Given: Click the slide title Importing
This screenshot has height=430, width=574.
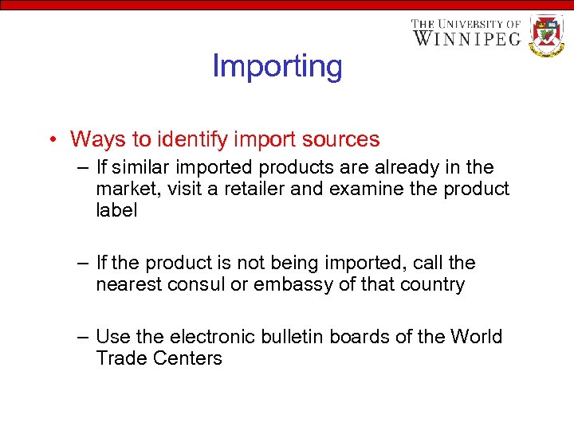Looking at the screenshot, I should click(x=277, y=66).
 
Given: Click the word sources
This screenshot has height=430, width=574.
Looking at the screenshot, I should click(x=341, y=139).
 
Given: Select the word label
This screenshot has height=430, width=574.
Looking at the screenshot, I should click(x=116, y=210).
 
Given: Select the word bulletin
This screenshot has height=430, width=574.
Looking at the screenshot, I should click(x=287, y=337).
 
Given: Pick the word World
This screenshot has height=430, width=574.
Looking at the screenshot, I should click(x=476, y=337).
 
